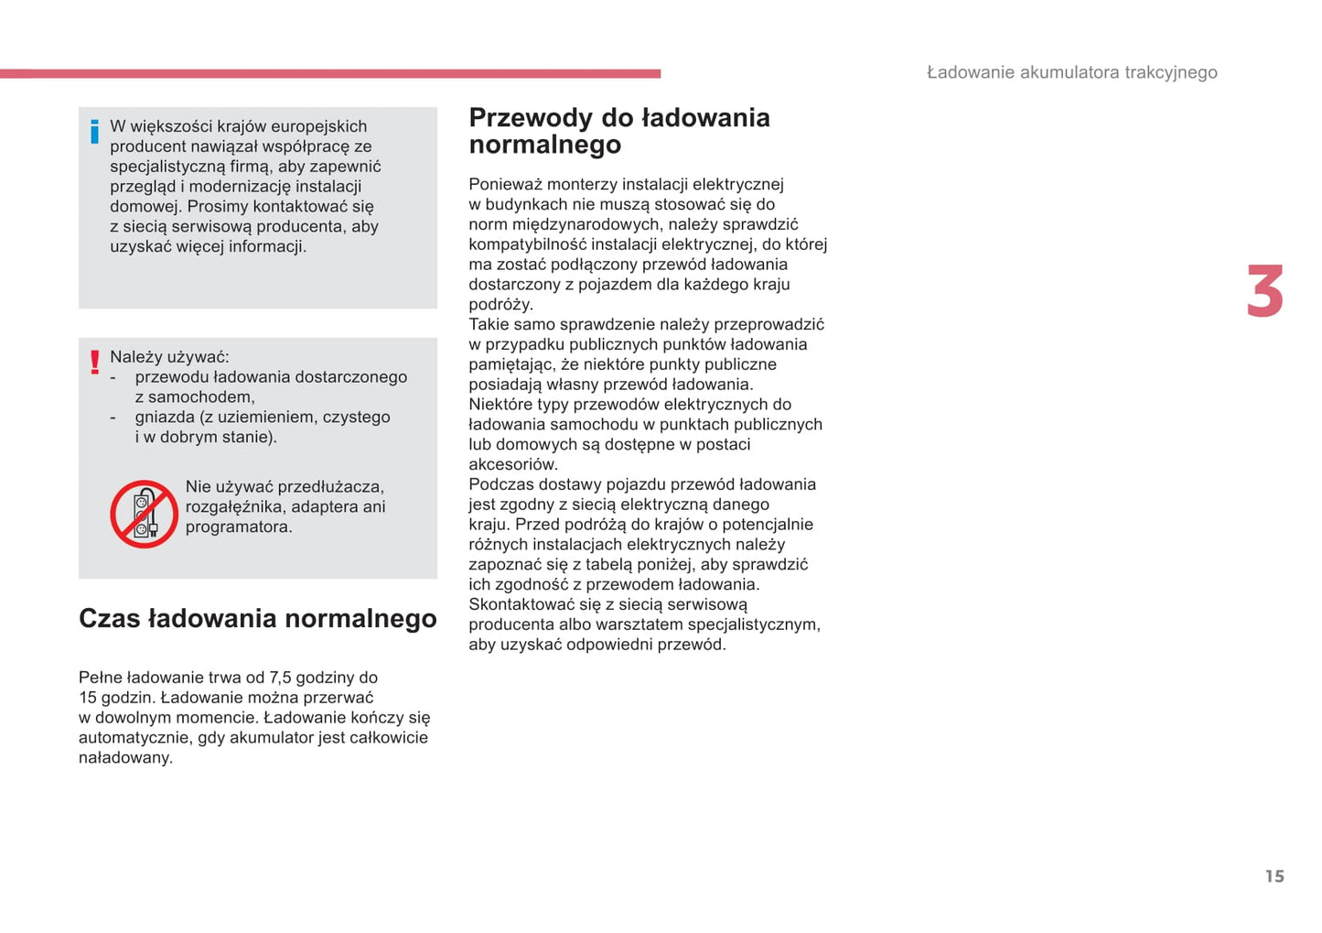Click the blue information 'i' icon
point(94,132)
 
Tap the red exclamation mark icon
point(94,363)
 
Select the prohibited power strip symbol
point(144,515)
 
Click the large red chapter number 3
point(1265,292)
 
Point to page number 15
point(1274,876)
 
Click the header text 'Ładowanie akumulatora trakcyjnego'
point(1071,72)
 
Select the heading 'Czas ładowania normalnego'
point(257,619)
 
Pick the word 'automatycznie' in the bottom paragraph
point(134,738)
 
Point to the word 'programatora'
point(238,527)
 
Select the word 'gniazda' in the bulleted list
point(165,418)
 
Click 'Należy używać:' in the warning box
point(169,357)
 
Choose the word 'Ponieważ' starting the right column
point(504,185)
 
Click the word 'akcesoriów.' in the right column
point(513,464)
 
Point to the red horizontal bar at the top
point(329,73)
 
